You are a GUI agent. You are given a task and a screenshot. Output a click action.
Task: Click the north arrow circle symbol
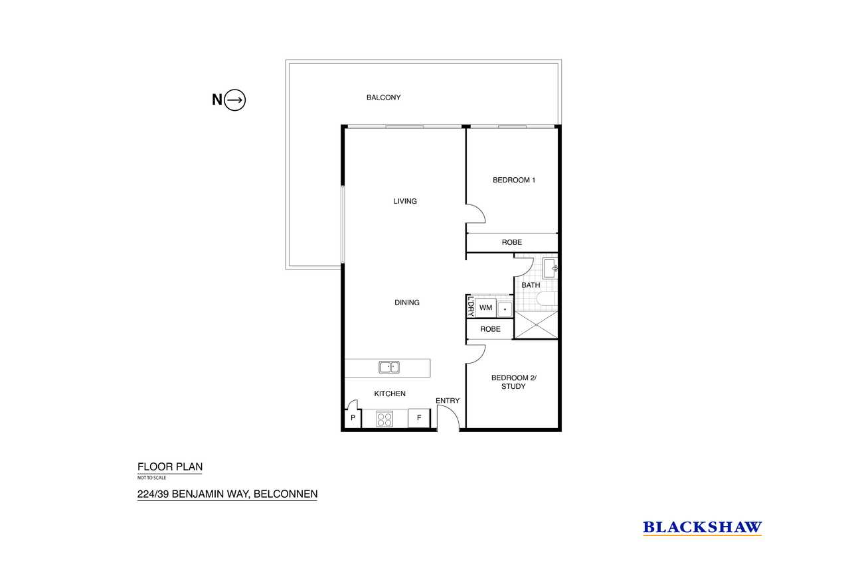235,100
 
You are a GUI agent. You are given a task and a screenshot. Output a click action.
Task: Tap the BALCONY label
383,98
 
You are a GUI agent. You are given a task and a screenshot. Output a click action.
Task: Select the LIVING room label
405,201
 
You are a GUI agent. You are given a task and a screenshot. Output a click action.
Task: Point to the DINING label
407,303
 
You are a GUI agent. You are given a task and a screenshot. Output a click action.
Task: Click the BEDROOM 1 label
514,180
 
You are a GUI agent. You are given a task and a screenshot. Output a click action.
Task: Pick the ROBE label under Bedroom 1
512,242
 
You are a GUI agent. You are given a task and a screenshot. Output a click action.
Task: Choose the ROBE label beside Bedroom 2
490,329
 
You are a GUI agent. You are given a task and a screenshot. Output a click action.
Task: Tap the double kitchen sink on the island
389,368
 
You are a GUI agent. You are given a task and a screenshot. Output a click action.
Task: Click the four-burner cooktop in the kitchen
384,419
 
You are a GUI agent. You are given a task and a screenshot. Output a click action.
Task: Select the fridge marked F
419,418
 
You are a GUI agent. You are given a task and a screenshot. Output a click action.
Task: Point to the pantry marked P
353,418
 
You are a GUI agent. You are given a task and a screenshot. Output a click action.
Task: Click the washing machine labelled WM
485,308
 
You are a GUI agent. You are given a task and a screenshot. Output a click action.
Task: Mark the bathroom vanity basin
550,269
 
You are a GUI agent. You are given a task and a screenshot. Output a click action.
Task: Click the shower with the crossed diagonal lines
536,325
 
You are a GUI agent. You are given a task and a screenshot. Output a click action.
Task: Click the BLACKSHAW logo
703,528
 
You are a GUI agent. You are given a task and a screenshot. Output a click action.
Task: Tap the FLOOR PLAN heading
170,466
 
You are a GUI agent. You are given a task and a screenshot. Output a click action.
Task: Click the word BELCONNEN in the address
286,494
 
